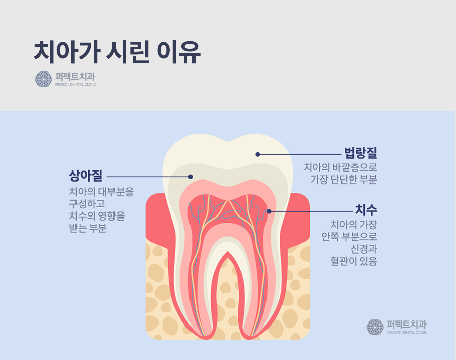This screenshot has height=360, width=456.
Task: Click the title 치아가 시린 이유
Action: (x=118, y=52)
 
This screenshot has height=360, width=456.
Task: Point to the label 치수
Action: (x=366, y=210)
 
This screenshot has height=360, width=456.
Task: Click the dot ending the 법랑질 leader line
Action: (x=258, y=154)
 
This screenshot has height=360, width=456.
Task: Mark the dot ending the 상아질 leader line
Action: (x=191, y=177)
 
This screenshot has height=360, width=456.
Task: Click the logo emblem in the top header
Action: (x=44, y=79)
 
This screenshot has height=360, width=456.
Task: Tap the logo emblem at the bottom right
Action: (x=375, y=327)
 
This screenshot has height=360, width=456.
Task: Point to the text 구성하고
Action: (x=87, y=204)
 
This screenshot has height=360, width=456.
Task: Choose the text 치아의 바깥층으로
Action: (x=340, y=167)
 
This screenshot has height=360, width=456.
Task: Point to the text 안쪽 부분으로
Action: (x=350, y=236)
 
